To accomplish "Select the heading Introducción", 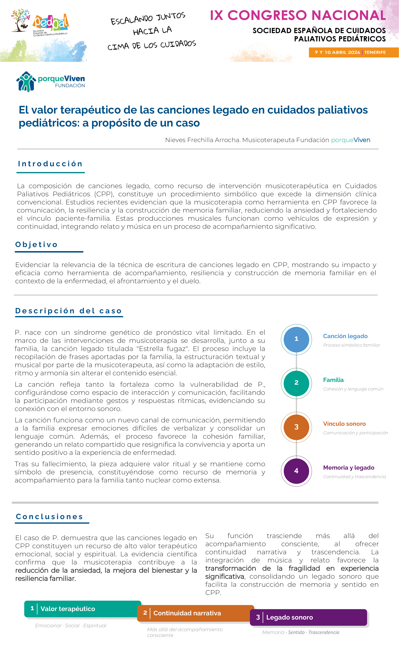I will [50, 164].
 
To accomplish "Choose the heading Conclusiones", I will [50, 516].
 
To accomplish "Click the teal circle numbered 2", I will [296, 383].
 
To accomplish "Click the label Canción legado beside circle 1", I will [345, 336].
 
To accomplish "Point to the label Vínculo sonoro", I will [344, 424].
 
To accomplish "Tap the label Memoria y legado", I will [348, 468].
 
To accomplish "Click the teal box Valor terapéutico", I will [83, 609].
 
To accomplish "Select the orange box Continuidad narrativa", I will [195, 613].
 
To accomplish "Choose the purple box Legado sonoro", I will [308, 617].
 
